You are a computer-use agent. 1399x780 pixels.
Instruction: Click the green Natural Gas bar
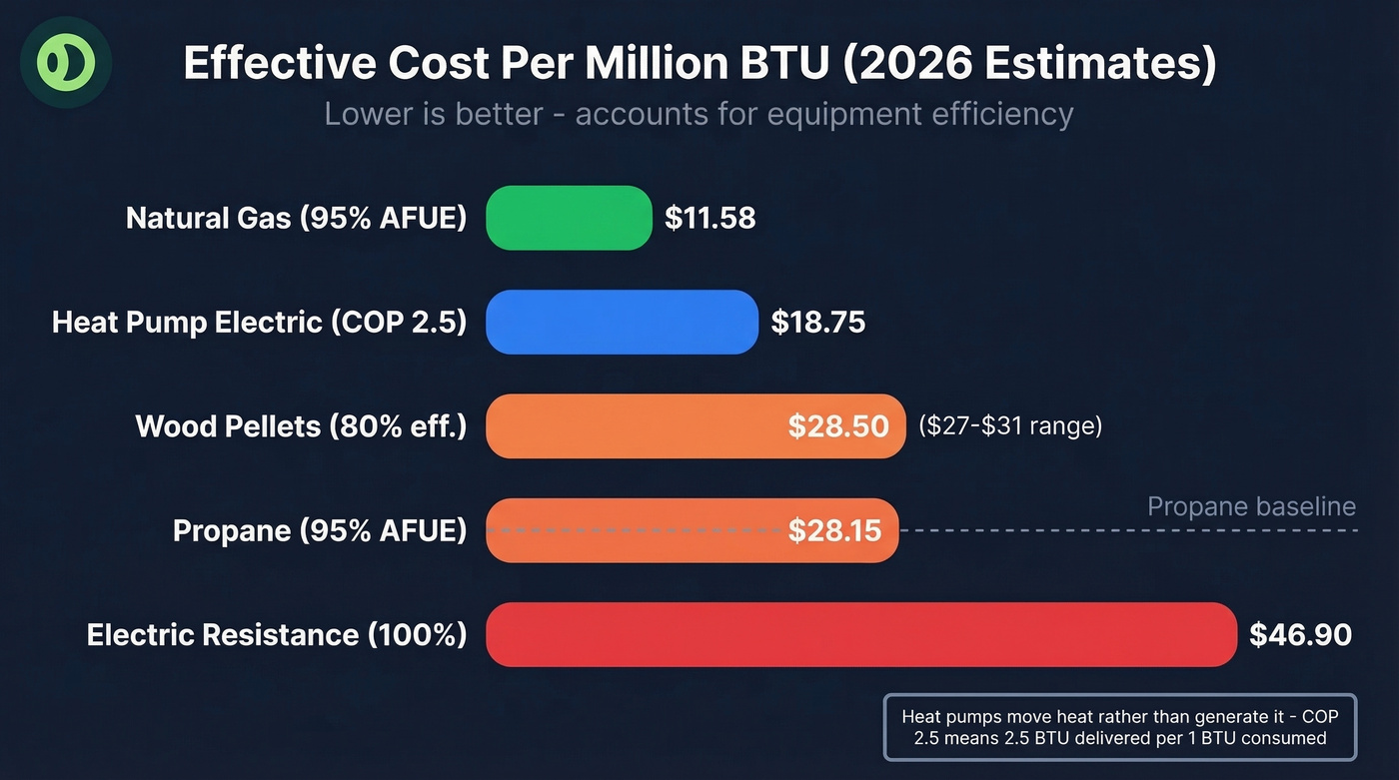tap(568, 218)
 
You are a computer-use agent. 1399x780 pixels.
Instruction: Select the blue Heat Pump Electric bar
tap(622, 322)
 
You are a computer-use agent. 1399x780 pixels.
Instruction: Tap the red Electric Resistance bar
tap(860, 634)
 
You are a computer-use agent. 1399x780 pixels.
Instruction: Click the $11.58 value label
tap(709, 218)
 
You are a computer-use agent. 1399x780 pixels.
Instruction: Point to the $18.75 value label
tap(817, 322)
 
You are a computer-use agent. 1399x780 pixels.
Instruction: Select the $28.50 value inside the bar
tap(837, 426)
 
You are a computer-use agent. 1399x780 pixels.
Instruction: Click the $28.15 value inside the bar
tap(834, 530)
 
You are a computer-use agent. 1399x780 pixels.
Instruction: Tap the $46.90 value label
tap(1300, 634)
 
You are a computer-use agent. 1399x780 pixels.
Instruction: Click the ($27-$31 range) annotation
tap(1009, 426)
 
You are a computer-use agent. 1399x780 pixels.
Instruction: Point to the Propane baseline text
tap(1251, 506)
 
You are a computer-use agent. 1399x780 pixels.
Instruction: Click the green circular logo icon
tap(66, 62)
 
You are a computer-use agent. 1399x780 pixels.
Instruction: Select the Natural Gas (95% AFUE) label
tap(296, 218)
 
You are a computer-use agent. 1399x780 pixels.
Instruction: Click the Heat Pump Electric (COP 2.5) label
tap(259, 322)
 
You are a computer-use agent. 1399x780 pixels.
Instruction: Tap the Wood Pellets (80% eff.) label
tap(301, 426)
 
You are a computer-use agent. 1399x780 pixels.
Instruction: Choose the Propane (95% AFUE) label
tap(319, 530)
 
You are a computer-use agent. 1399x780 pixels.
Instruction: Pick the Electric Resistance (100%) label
tap(277, 634)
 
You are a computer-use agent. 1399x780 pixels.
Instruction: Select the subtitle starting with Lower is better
tap(699, 114)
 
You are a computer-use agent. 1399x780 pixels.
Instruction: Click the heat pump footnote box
tap(1119, 727)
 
